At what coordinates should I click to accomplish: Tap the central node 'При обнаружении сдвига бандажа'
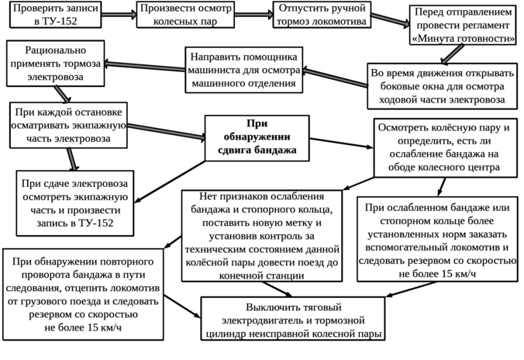(250, 137)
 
